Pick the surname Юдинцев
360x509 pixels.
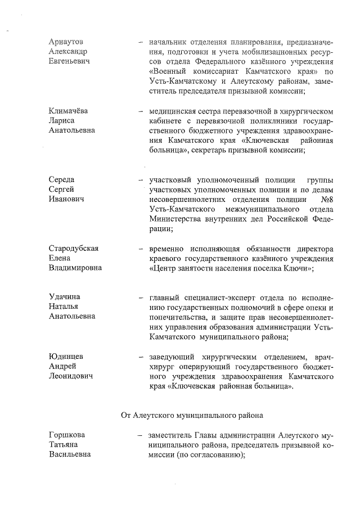tap(66, 357)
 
